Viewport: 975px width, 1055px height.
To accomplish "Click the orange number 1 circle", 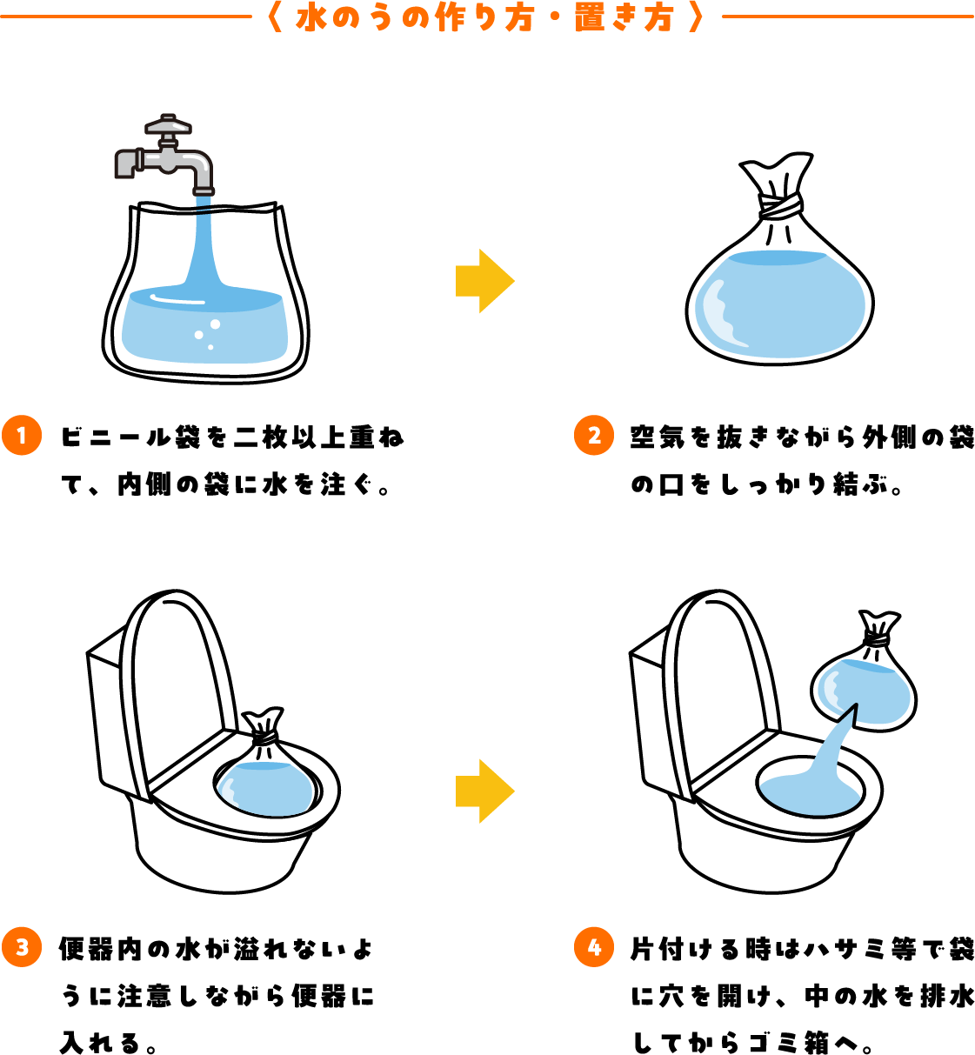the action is coord(22,435).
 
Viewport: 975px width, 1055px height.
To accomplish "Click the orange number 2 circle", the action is coord(594,435).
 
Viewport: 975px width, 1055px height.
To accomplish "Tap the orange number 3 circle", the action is coord(22,947).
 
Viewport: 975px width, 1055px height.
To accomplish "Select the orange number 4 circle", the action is coord(594,947).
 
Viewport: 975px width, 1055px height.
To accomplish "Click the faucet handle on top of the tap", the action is coord(168,125).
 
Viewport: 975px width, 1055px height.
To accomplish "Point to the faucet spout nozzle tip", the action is coord(204,191).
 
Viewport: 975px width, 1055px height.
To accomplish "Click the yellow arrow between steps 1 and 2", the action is coord(484,280).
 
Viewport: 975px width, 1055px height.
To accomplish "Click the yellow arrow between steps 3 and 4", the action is coord(484,791).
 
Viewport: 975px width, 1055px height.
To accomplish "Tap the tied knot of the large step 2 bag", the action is coord(780,206).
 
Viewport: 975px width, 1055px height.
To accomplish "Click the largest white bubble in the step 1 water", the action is coord(215,324).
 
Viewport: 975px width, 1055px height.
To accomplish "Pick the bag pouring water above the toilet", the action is coord(864,672).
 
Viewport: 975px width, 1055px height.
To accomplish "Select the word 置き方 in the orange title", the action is coord(624,18).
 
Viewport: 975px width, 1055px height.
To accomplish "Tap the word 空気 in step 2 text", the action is coord(658,437).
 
